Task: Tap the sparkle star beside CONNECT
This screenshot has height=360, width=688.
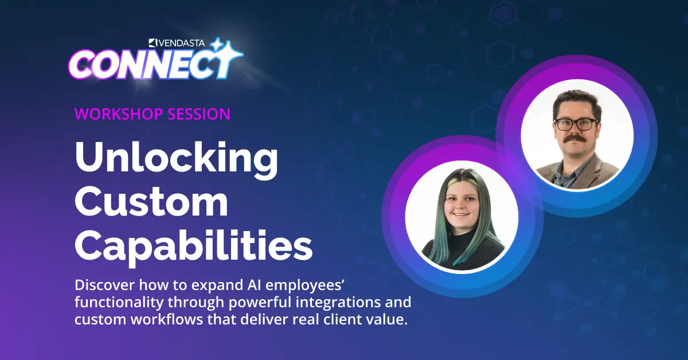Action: [228, 55]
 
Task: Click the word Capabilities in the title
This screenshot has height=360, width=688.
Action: [194, 246]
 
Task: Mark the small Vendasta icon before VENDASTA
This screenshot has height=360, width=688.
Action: [153, 43]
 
